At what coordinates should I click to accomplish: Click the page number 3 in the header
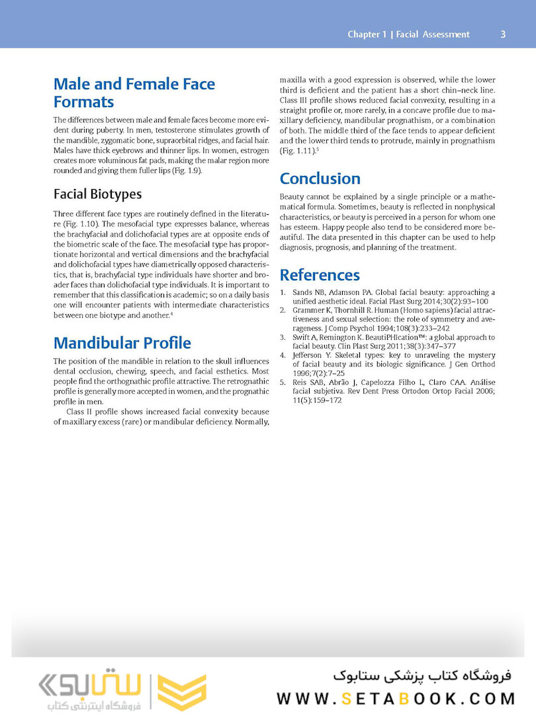503,34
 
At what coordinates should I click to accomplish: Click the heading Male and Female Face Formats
134,93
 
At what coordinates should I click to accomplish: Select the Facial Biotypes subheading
97,194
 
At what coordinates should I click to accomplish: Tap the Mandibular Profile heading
122,343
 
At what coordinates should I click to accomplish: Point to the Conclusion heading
320,178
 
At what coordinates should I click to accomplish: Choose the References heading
320,275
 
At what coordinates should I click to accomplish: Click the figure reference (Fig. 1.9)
189,171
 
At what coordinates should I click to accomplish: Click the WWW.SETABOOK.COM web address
395,699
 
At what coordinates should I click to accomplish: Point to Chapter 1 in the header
367,34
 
